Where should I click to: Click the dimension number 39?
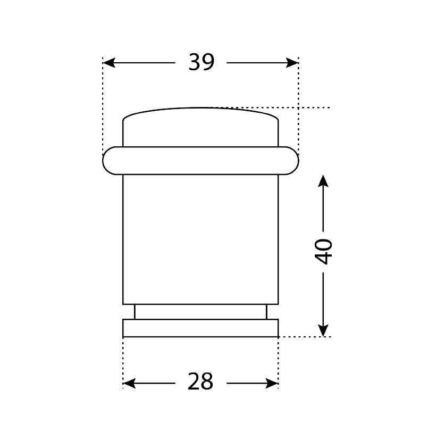click(202, 62)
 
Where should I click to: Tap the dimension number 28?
click(200, 382)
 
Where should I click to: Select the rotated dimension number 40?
click(323, 252)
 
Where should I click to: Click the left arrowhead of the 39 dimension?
click(109, 63)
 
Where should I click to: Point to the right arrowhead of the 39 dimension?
click(292, 63)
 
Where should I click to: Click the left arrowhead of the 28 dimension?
click(129, 384)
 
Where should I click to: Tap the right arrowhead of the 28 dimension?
click(272, 384)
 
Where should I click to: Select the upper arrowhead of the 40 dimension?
click(323, 181)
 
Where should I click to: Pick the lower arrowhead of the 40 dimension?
click(323, 330)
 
